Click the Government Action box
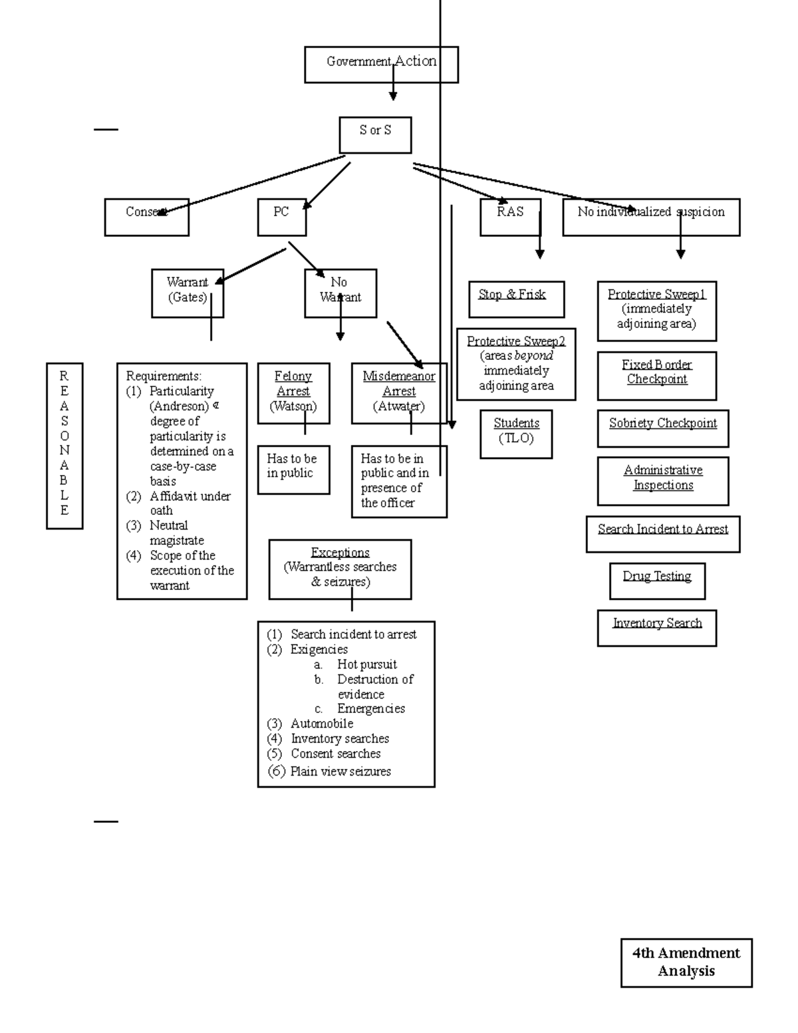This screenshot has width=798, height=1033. pyautogui.click(x=381, y=65)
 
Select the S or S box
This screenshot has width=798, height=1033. pyautogui.click(x=375, y=134)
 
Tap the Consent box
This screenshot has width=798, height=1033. pyautogui.click(x=146, y=217)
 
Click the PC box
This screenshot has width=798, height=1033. pyautogui.click(x=281, y=217)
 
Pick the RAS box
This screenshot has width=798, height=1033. pyautogui.click(x=510, y=217)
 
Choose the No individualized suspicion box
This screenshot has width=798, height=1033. pyautogui.click(x=650, y=217)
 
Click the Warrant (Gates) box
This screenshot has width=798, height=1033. pyautogui.click(x=187, y=293)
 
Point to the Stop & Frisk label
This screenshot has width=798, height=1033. pyautogui.click(x=512, y=295)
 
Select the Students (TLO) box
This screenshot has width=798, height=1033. pyautogui.click(x=516, y=434)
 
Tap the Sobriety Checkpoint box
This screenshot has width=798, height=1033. pyautogui.click(x=662, y=428)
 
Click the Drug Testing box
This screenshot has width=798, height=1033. pyautogui.click(x=657, y=581)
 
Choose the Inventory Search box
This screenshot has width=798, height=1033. pyautogui.click(x=656, y=627)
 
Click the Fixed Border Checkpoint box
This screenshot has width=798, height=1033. pyautogui.click(x=656, y=375)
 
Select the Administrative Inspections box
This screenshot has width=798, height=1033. pyautogui.click(x=662, y=480)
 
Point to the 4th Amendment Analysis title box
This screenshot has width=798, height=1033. pyautogui.click(x=686, y=962)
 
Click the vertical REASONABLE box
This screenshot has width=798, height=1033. pyautogui.click(x=65, y=446)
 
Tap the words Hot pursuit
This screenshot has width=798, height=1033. pyautogui.click(x=366, y=664)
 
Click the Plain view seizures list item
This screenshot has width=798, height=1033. pyautogui.click(x=340, y=772)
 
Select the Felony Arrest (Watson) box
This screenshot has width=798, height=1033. pyautogui.click(x=293, y=393)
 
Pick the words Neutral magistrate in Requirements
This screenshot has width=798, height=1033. pyautogui.click(x=176, y=533)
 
